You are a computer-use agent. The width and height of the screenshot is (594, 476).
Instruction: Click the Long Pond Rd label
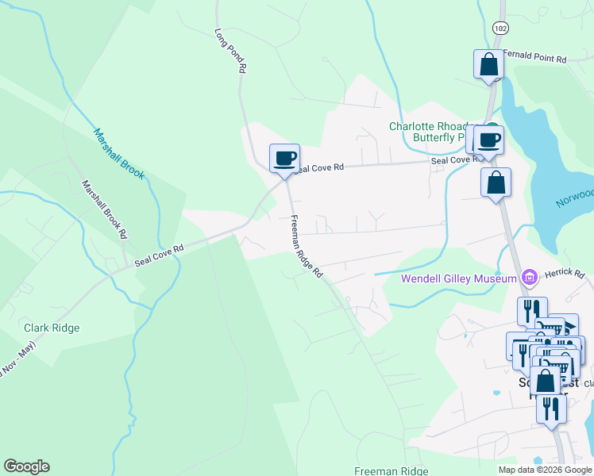pos(230,52)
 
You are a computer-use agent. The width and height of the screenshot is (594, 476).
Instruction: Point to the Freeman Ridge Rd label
pos(307,247)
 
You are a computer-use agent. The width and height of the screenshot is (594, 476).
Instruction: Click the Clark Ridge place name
pos(52,328)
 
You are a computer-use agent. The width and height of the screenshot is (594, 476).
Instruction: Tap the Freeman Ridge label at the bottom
pos(390,470)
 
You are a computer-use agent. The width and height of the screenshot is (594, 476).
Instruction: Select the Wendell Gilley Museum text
pos(458,278)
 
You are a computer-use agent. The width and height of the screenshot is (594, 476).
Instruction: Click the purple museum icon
pos(530,277)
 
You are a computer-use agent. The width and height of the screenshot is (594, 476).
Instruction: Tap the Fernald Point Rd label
pos(534,59)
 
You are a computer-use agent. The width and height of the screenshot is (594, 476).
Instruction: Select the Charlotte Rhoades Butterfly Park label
pos(433,132)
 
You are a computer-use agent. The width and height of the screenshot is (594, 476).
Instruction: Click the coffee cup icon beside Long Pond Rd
pos(284,158)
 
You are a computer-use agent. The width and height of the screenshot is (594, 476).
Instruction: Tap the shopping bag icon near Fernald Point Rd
pos(488,63)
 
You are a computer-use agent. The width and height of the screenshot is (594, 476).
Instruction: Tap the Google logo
pos(26,466)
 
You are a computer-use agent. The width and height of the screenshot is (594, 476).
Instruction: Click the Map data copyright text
pos(545,470)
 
